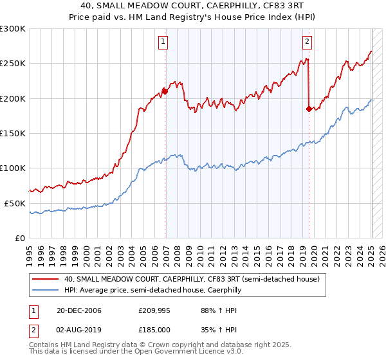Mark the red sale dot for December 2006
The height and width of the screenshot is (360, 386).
[165, 91]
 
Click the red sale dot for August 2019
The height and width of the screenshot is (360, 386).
[309, 109]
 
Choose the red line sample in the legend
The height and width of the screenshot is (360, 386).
[44, 279]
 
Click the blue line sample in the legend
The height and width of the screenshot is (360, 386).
[44, 290]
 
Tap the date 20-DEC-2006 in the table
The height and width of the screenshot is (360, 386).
[75, 310]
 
